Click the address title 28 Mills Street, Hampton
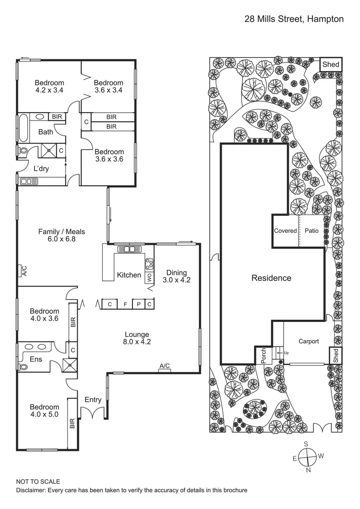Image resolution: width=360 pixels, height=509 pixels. [x=294, y=19]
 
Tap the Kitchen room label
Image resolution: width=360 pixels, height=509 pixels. [x=129, y=275]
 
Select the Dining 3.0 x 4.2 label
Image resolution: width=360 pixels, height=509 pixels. [x=177, y=276]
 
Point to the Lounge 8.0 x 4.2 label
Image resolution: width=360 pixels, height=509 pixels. [x=137, y=338]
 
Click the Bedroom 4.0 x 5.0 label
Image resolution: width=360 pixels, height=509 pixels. [x=44, y=411]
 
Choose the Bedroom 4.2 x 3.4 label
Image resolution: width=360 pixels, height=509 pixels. [x=49, y=86]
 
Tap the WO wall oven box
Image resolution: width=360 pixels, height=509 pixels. [x=149, y=278]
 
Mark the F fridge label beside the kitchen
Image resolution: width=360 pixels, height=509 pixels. [x=125, y=304]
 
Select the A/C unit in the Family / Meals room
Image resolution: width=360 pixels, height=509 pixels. [x=24, y=271]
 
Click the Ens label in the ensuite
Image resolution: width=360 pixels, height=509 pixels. [x=36, y=360]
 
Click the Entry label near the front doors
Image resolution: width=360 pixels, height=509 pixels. [x=93, y=400]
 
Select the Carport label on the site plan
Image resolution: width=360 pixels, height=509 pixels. [x=309, y=342]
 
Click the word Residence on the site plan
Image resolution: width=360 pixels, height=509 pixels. [x=271, y=278]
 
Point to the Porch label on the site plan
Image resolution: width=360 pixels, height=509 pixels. [x=263, y=356]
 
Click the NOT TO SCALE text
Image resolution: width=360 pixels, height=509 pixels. [x=38, y=482]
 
